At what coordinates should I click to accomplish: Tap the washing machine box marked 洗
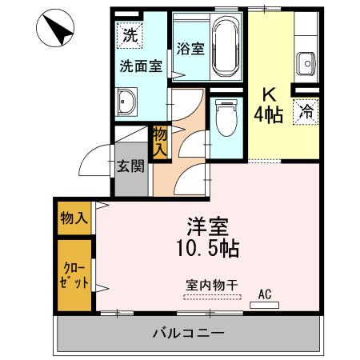coord(129,35)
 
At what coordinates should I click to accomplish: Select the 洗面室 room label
coord(141,67)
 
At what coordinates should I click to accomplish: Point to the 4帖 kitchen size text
coord(268,116)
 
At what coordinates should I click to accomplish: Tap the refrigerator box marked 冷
coord(306,113)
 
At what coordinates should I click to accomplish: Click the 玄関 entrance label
coord(131,167)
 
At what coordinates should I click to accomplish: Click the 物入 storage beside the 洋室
coord(74,217)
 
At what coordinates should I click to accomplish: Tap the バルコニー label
coord(188,332)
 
